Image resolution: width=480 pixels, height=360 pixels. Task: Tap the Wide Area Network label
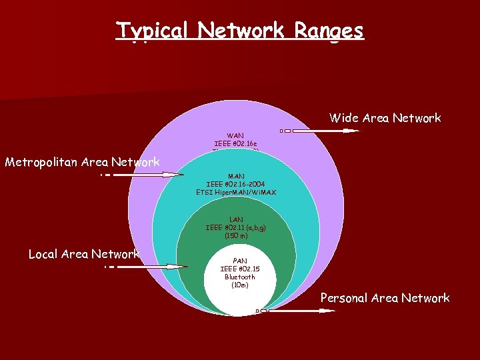click(385, 118)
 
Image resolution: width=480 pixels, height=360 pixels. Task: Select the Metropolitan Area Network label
click(82, 162)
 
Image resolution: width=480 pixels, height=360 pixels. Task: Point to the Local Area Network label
click(84, 254)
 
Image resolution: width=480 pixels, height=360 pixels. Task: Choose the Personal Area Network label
click(385, 298)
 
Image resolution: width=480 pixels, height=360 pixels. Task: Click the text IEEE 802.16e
click(235, 143)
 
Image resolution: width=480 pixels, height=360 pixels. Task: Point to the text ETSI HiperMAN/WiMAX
click(236, 192)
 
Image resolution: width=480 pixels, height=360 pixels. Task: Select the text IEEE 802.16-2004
click(236, 184)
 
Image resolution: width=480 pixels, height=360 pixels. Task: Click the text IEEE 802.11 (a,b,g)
click(236, 227)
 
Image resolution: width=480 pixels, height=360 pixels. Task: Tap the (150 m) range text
click(236, 235)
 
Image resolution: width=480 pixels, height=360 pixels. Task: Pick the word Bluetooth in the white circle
click(240, 277)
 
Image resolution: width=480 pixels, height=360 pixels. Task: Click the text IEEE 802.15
click(240, 269)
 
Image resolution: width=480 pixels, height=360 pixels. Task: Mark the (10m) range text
click(240, 285)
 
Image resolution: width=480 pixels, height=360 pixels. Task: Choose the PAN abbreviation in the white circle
click(240, 261)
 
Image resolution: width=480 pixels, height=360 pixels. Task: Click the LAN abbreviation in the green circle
click(236, 219)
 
